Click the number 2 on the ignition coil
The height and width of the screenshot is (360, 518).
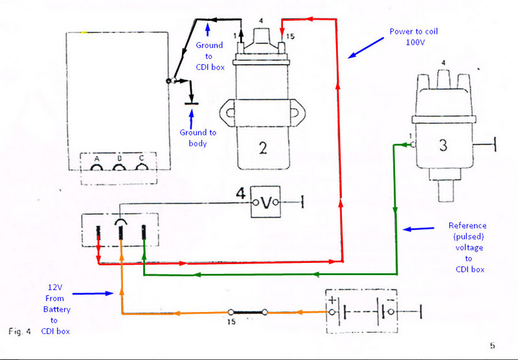pyautogui.click(x=262, y=147)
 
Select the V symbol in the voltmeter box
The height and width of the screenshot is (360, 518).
pyautogui.click(x=266, y=203)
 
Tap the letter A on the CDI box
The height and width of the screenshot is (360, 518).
pyautogui.click(x=96, y=159)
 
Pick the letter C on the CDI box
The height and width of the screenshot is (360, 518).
pyautogui.click(x=141, y=159)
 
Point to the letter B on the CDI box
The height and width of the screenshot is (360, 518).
pyautogui.click(x=118, y=159)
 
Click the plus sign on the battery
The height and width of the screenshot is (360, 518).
pyautogui.click(x=333, y=300)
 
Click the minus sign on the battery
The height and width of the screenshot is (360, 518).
pyautogui.click(x=390, y=300)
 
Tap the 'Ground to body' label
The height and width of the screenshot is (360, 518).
pyautogui.click(x=198, y=137)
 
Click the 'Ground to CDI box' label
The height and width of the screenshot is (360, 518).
pyautogui.click(x=209, y=55)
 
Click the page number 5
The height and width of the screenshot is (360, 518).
pyautogui.click(x=493, y=346)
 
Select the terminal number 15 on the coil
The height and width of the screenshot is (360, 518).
pyautogui.click(x=289, y=37)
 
